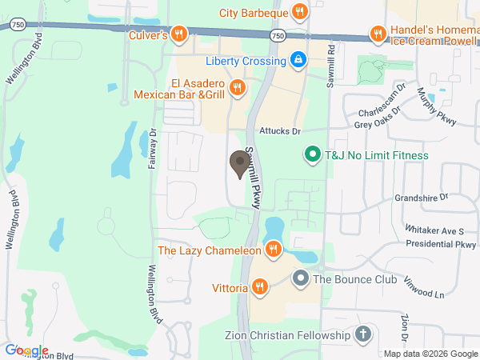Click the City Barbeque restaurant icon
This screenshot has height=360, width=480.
point(300,11)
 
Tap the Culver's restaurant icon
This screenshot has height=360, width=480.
point(179,34)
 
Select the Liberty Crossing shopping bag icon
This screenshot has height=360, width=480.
point(298,60)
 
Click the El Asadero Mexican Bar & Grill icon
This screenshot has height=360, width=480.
point(236,87)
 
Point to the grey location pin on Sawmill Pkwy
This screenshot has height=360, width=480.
point(238,164)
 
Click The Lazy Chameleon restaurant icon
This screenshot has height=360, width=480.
point(273,250)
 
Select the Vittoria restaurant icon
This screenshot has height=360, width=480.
point(259,286)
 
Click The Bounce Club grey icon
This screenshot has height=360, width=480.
point(300,279)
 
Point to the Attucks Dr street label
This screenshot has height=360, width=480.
point(279,130)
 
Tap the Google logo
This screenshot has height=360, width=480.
point(26,350)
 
